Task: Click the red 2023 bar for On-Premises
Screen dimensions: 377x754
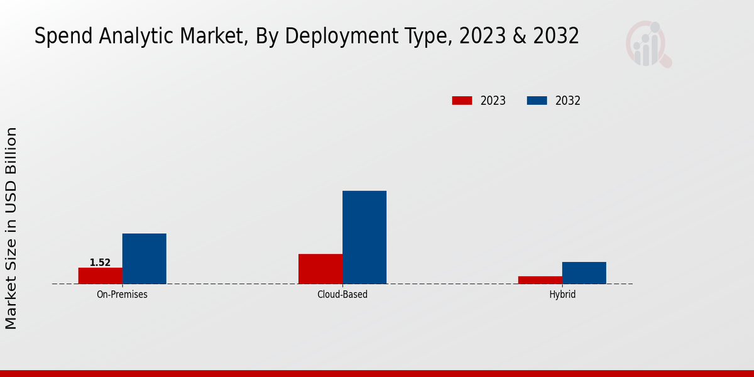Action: [101, 276]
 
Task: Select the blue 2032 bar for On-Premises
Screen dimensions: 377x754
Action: [145, 259]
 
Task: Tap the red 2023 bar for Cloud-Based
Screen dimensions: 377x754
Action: [320, 269]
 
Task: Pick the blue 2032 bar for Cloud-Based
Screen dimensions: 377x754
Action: [364, 238]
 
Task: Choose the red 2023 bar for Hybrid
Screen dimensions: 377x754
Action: [540, 280]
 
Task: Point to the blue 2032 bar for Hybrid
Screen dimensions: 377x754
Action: [584, 273]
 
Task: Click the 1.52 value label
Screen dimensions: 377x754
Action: [100, 263]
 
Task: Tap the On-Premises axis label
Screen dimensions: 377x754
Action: [122, 294]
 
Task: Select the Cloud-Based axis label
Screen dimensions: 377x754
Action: [342, 294]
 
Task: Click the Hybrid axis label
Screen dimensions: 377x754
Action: [562, 294]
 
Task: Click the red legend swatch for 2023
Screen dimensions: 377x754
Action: [462, 101]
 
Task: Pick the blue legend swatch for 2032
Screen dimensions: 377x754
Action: [537, 101]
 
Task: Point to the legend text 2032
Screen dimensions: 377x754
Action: [568, 101]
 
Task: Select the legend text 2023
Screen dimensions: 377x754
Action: [493, 101]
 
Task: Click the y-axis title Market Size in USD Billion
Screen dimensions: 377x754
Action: [11, 228]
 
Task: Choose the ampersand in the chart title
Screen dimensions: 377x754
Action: [518, 36]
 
